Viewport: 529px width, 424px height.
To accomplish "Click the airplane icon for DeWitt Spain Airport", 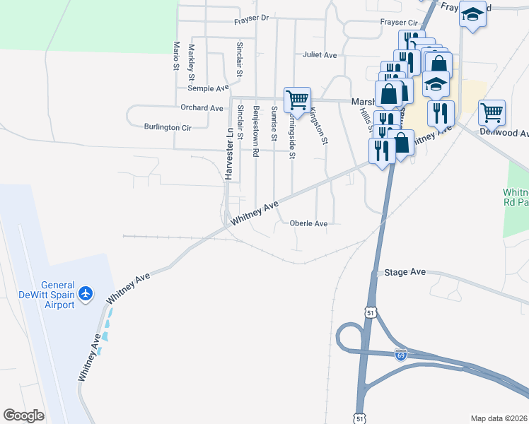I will [86, 293].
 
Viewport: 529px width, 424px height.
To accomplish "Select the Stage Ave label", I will [405, 272].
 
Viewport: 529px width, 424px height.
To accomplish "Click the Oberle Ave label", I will [308, 223].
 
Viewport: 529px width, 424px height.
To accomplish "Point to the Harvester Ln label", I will [229, 155].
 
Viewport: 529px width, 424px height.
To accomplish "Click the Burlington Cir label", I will [168, 128].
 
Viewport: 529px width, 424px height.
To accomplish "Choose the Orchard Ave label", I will [202, 108].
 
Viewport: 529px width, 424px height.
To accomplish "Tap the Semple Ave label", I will [208, 88].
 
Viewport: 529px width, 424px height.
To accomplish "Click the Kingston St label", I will [319, 126].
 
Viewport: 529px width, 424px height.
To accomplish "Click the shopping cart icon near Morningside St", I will [297, 98].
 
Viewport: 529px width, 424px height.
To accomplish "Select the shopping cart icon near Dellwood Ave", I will [492, 112].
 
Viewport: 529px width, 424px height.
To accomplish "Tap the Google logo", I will [23, 416].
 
